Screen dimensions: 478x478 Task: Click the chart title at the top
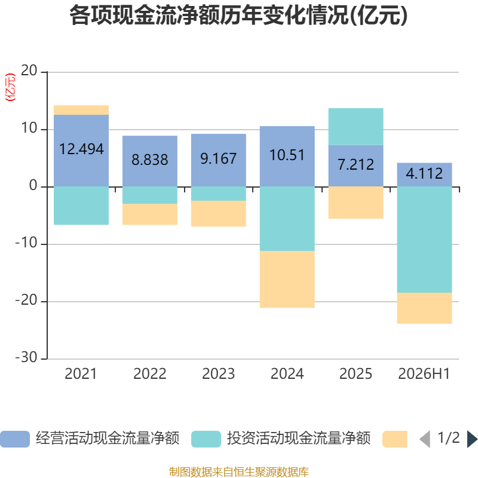pyautogui.click(x=238, y=16)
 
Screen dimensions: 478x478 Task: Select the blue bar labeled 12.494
pyautogui.click(x=81, y=151)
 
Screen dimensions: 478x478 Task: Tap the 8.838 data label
pyautogui.click(x=150, y=160)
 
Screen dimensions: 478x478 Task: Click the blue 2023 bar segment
pyautogui.click(x=218, y=160)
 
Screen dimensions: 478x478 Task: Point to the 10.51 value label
pyautogui.click(x=287, y=155)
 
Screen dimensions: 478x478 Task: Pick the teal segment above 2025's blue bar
pyautogui.click(x=356, y=127)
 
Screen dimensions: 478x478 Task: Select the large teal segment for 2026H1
pyautogui.click(x=424, y=240)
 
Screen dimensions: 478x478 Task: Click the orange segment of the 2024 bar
pyautogui.click(x=287, y=279)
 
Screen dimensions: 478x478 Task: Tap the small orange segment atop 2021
pyautogui.click(x=81, y=110)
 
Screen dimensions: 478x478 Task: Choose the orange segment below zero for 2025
pyautogui.click(x=356, y=203)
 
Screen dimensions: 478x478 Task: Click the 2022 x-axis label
pyautogui.click(x=150, y=374)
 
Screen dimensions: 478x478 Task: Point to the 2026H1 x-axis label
pyautogui.click(x=424, y=374)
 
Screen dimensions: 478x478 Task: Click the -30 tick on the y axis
pyautogui.click(x=26, y=357)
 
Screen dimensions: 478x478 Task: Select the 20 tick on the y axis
pyautogui.click(x=29, y=71)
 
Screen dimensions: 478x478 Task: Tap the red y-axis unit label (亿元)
pyautogui.click(x=10, y=87)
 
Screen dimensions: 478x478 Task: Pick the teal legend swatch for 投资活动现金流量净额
pyautogui.click(x=206, y=439)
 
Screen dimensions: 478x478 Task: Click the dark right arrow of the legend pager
pyautogui.click(x=472, y=439)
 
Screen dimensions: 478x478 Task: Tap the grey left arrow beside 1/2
pyautogui.click(x=425, y=439)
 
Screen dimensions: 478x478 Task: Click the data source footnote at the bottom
pyautogui.click(x=239, y=471)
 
